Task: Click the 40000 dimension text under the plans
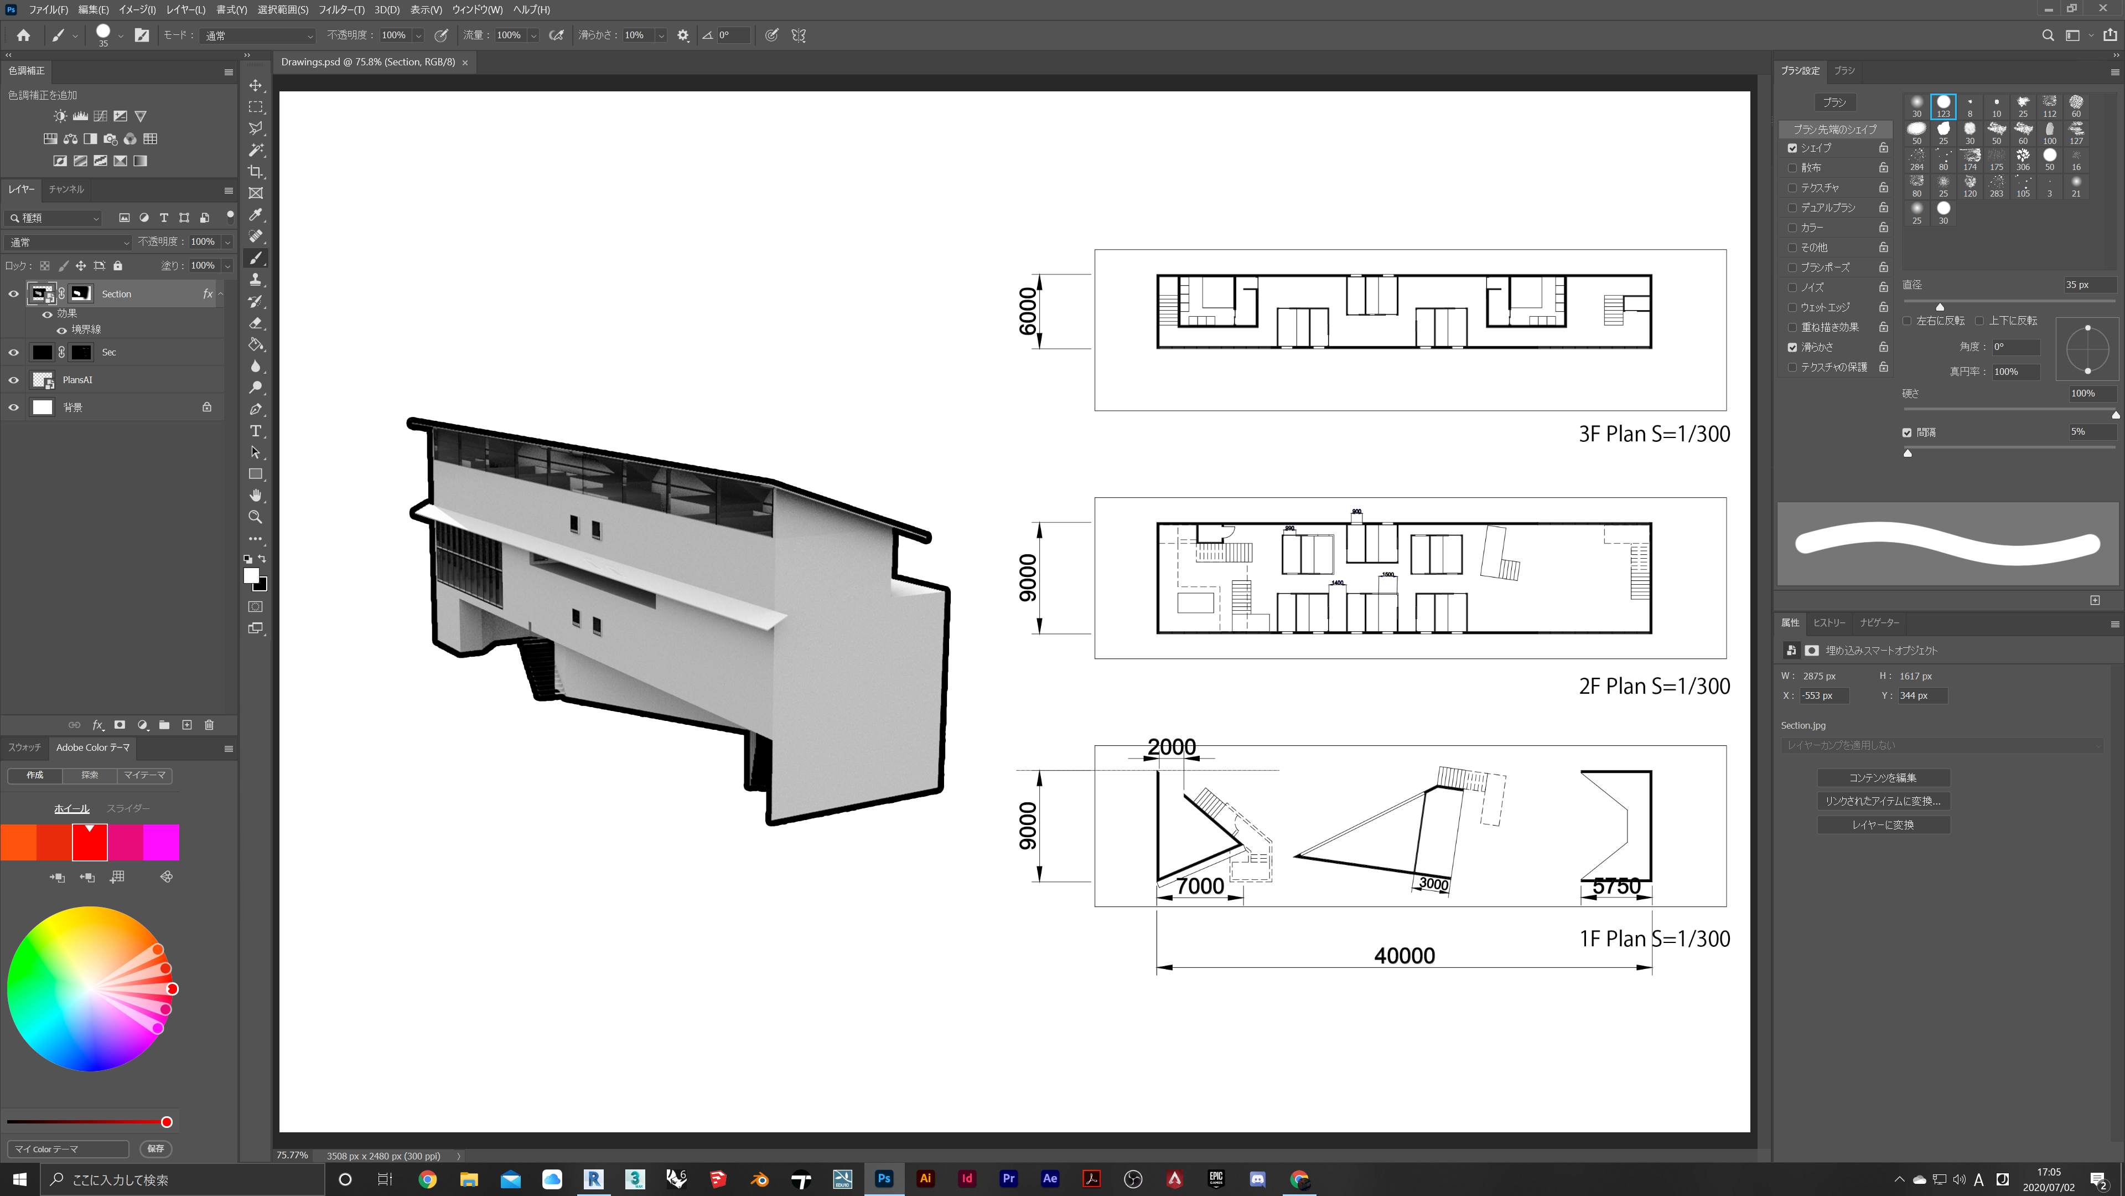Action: (x=1404, y=955)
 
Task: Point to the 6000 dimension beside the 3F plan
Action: (x=1027, y=311)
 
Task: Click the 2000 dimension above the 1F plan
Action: (x=1172, y=746)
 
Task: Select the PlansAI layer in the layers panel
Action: (x=77, y=380)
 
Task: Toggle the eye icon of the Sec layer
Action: (x=13, y=353)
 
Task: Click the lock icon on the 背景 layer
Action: (x=207, y=407)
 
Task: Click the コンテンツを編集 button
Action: (x=1883, y=777)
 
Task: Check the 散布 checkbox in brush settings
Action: (x=1792, y=168)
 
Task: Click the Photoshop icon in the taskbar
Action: (x=884, y=1179)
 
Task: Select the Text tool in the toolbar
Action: (x=256, y=431)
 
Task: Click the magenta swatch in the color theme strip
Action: (x=161, y=843)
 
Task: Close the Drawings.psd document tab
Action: (x=465, y=63)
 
